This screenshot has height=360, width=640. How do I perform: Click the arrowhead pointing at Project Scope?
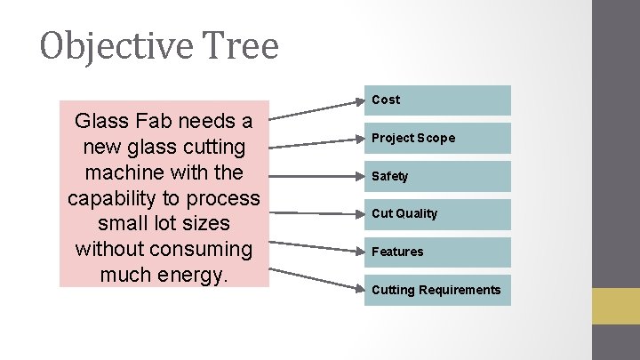tap(358, 139)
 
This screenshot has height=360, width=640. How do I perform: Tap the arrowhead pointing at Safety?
tap(358, 177)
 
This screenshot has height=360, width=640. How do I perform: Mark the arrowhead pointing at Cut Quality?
tap(358, 214)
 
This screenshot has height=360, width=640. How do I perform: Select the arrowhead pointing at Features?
tap(358, 252)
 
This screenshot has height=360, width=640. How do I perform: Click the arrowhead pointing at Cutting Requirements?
tap(358, 288)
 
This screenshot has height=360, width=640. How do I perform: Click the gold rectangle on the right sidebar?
tap(616, 306)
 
